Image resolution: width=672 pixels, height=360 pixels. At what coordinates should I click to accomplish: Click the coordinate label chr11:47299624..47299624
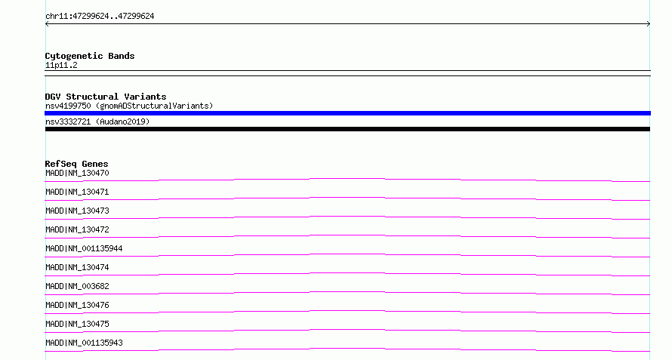100,17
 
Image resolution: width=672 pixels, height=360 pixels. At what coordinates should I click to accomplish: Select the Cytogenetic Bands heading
90,56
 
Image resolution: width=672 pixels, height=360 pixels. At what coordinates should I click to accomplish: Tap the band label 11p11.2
61,65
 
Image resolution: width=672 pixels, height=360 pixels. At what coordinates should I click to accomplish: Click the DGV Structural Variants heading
106,97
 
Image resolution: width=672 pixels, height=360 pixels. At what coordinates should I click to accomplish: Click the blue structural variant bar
347,113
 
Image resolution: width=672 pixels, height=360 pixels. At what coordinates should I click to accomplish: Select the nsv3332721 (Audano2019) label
97,122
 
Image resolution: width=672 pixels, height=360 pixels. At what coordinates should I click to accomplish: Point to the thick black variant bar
347,129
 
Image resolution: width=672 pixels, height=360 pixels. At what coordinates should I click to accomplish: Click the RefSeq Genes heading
77,164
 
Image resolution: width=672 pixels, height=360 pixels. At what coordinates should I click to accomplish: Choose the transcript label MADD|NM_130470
77,173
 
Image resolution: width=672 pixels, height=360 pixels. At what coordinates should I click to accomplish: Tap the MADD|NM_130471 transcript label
77,192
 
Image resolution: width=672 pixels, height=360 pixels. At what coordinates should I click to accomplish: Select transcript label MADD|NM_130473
77,211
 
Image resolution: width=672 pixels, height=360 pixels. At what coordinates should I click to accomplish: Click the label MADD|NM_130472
77,229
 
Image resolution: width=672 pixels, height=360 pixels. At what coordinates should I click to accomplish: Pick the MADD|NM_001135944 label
84,248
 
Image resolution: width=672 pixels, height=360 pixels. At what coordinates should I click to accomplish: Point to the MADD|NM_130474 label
77,267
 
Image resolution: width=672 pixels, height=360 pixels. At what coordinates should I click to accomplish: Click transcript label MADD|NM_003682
77,286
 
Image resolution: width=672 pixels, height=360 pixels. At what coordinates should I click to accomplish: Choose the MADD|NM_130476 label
77,305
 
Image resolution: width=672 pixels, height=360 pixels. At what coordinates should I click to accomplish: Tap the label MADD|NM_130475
77,324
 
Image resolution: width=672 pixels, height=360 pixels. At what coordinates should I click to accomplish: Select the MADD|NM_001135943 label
84,343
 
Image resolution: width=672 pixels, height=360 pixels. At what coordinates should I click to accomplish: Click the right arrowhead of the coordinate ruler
649,24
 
